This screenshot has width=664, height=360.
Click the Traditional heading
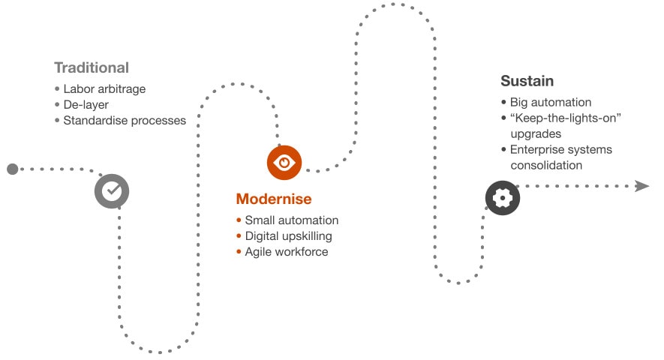click(x=92, y=67)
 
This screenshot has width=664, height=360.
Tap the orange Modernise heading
click(x=274, y=199)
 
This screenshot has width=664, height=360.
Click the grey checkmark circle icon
click(x=112, y=190)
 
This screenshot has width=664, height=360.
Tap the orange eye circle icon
click(x=284, y=162)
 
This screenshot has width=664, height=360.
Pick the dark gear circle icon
click(x=503, y=198)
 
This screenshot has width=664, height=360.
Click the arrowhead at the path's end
click(x=641, y=186)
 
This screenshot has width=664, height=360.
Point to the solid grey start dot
click(x=12, y=169)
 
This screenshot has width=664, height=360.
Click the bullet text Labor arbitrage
click(x=104, y=89)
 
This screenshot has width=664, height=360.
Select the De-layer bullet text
click(x=86, y=105)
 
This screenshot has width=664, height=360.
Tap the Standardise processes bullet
click(x=125, y=121)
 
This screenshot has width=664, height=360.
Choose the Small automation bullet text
click(x=292, y=220)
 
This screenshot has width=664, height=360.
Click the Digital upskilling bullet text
click(x=288, y=236)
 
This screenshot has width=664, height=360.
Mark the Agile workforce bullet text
click(x=287, y=252)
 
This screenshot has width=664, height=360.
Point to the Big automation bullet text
click(x=551, y=103)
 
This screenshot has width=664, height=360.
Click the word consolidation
click(x=546, y=166)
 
